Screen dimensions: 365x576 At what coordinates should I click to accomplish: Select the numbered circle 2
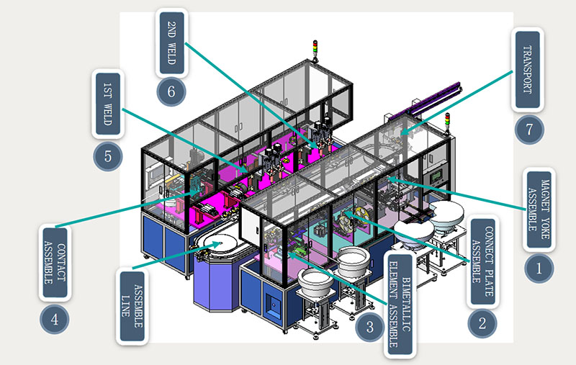point(482,321)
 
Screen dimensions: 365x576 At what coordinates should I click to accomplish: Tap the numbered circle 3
point(369,328)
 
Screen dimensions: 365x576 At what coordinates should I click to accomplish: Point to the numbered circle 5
point(107,156)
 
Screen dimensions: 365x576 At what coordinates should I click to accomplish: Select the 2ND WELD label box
point(172,42)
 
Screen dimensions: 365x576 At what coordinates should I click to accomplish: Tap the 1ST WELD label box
point(107,104)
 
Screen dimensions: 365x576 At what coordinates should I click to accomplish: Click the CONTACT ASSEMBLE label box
point(55,263)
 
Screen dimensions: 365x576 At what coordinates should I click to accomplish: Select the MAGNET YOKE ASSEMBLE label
point(539,209)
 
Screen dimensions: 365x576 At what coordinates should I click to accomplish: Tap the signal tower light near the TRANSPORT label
point(447,120)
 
